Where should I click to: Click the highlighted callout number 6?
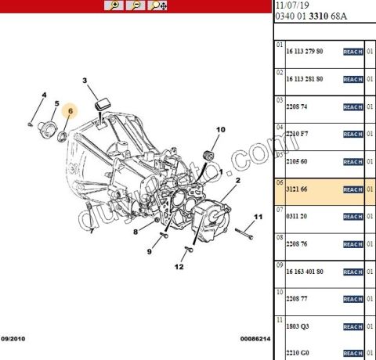(x=70, y=111)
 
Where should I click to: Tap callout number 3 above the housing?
(x=85, y=81)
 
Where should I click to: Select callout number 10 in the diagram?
(x=220, y=129)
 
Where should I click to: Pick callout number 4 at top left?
(x=43, y=95)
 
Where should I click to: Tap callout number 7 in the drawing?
(x=91, y=231)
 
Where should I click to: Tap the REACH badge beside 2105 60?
(x=353, y=162)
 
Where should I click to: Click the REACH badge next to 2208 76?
(x=353, y=244)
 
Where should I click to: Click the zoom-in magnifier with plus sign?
(x=114, y=5)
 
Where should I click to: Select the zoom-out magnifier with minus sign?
(x=136, y=5)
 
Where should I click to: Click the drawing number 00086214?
(x=255, y=340)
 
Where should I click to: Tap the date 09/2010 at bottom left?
(x=14, y=340)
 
